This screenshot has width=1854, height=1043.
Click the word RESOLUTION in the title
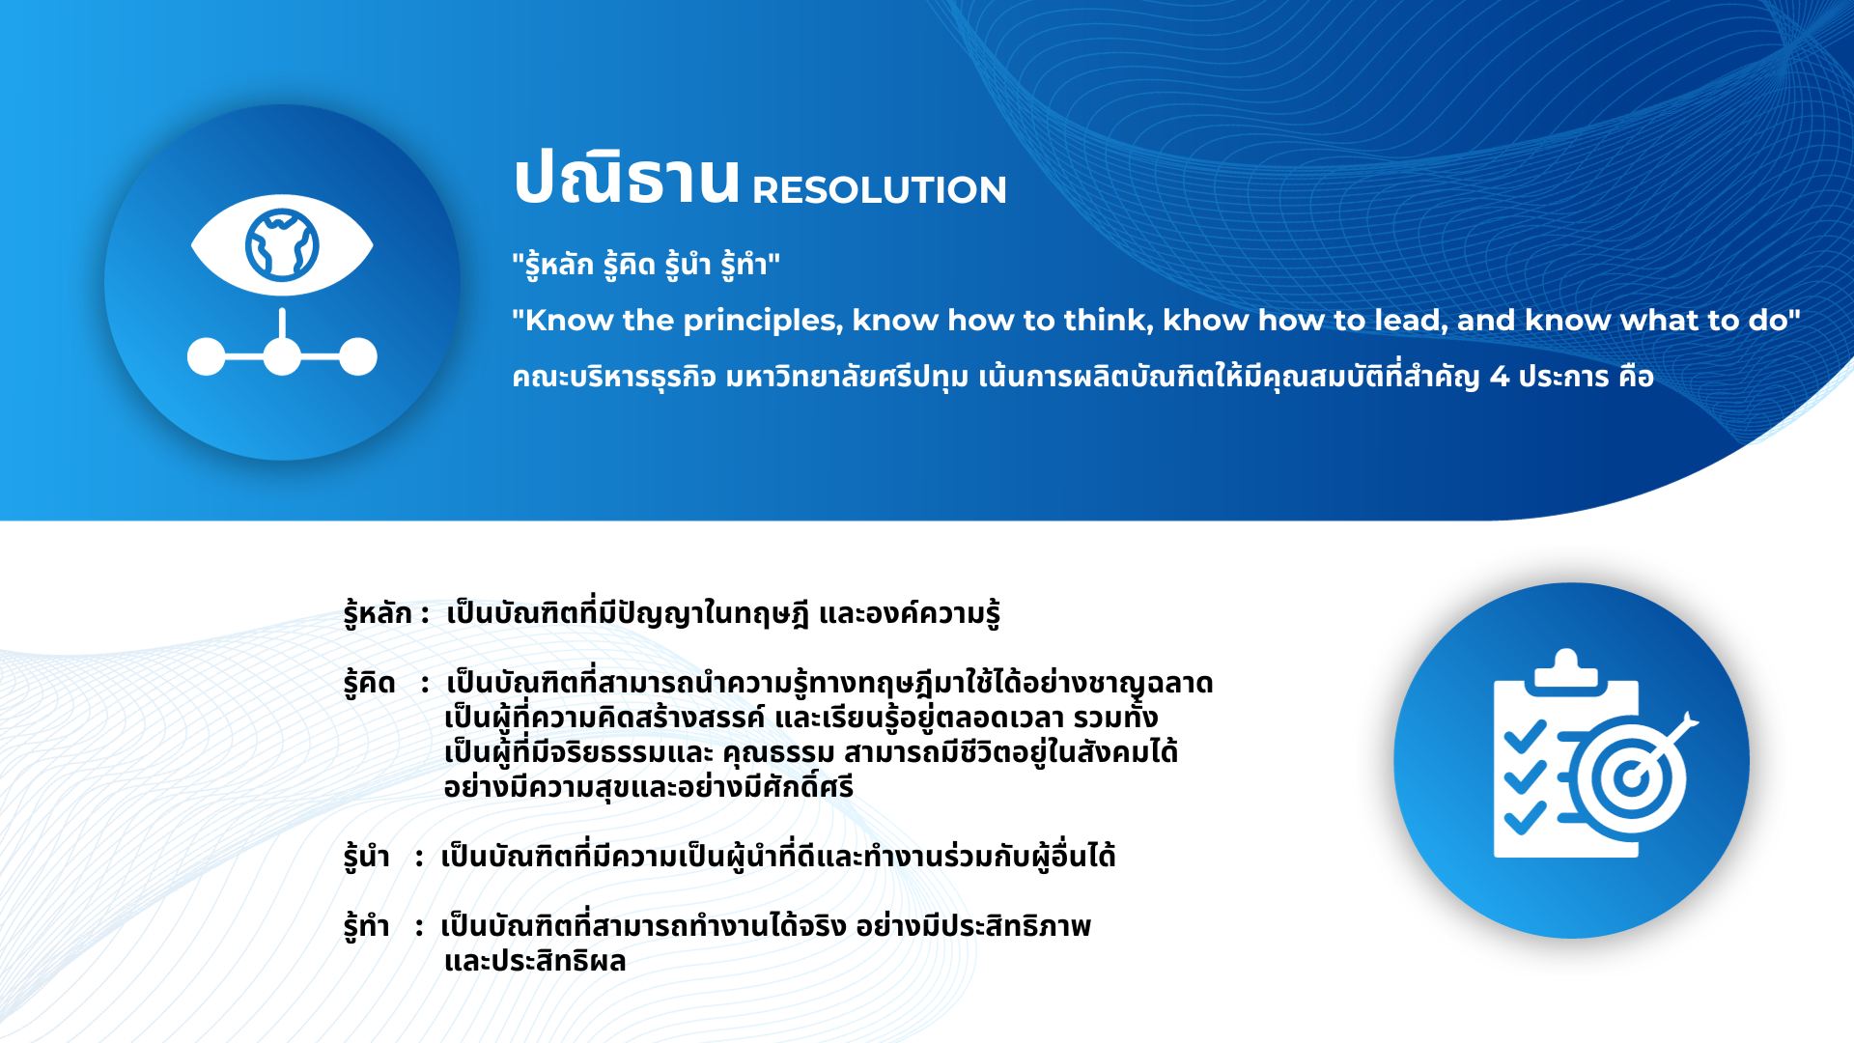tap(880, 190)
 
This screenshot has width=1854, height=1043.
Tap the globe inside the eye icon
tap(282, 245)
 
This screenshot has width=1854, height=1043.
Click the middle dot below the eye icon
tap(282, 356)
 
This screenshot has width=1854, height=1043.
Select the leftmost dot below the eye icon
tap(206, 356)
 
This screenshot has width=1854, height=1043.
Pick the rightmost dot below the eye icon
tap(358, 356)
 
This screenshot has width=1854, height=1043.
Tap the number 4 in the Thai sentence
tap(1500, 376)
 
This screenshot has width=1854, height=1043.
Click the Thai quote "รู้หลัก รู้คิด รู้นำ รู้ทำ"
tap(646, 265)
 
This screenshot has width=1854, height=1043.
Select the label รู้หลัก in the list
tap(378, 613)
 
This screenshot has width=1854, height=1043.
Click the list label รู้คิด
tap(370, 683)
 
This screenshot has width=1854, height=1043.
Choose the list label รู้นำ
tap(367, 857)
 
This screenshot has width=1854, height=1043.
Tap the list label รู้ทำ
tap(367, 926)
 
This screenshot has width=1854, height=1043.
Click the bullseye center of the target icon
tap(1631, 777)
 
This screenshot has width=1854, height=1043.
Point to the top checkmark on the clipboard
tap(1526, 738)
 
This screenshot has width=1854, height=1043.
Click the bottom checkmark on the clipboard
tap(1526, 817)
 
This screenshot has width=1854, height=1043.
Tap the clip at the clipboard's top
tap(1566, 670)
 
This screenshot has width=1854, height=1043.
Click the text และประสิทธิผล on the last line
tap(535, 961)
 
